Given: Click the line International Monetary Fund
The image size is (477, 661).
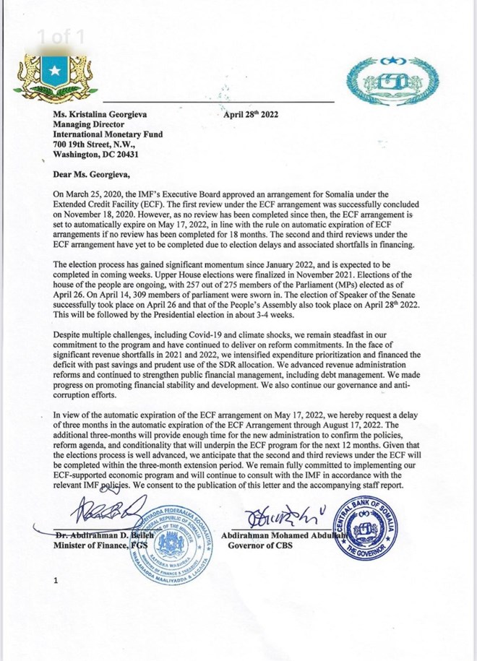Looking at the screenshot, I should [108, 134].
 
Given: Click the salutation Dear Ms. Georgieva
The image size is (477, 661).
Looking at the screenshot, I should [93, 173].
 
